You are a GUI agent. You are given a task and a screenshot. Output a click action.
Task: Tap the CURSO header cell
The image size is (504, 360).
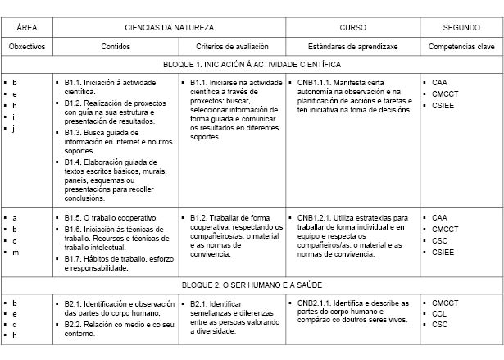[x=352, y=27]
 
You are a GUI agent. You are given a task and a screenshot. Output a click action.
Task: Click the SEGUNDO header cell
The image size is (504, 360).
[x=461, y=27]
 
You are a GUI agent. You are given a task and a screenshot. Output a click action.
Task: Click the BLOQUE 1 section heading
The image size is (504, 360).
[x=252, y=64]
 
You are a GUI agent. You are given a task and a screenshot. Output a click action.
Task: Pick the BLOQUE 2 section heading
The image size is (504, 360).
[x=252, y=285]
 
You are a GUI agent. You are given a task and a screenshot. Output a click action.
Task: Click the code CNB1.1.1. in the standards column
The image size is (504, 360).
[x=315, y=83]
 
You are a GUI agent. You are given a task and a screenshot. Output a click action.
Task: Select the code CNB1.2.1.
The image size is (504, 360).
[x=315, y=218]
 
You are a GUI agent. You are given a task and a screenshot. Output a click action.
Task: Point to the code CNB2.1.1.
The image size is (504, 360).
[x=315, y=303]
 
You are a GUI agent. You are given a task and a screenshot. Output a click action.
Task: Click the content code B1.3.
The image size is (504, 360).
[x=75, y=132]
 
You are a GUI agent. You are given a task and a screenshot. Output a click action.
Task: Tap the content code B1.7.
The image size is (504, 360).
[x=75, y=259]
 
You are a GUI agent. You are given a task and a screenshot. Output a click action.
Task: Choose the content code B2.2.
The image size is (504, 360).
[x=75, y=325]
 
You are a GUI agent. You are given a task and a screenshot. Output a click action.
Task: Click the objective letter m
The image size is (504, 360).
[x=15, y=252]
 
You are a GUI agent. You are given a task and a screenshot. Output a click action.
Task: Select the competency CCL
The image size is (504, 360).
[x=439, y=314]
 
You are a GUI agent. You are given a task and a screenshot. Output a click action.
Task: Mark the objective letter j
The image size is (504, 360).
[x=15, y=129]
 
